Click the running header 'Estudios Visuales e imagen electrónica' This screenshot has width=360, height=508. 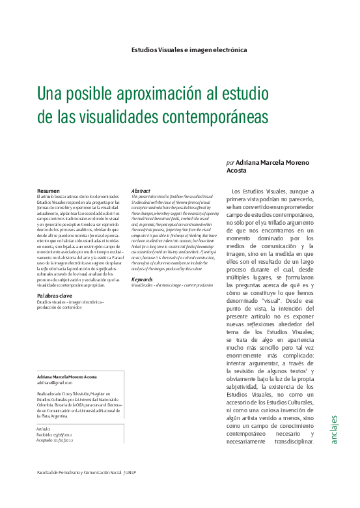click(x=189, y=49)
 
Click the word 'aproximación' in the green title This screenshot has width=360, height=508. click(x=151, y=94)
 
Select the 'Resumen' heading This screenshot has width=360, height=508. click(x=49, y=190)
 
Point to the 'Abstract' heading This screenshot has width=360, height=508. click(x=141, y=190)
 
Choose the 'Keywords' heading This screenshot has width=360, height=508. click(x=142, y=279)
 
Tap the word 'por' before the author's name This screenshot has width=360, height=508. click(x=230, y=162)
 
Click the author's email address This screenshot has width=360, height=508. click(x=55, y=383)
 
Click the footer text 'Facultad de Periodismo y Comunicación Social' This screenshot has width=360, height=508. click(x=77, y=472)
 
